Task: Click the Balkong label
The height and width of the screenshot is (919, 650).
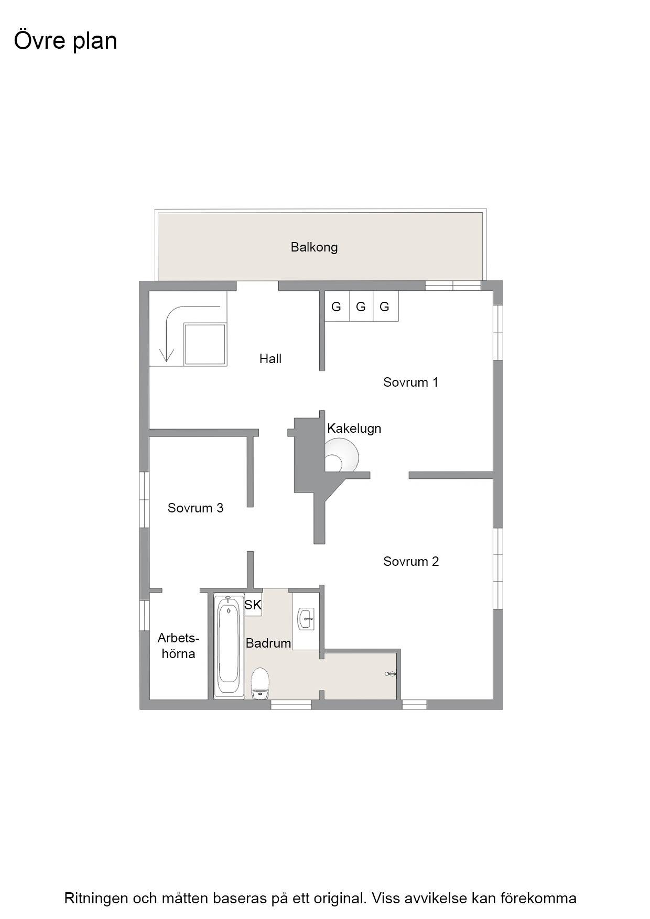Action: click(x=314, y=247)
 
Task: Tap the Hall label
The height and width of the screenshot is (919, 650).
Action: click(x=270, y=359)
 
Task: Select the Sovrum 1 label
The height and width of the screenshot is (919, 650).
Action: click(x=410, y=382)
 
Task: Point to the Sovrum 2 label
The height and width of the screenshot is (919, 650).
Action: click(x=411, y=562)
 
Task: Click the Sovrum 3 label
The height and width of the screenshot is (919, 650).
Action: click(x=196, y=508)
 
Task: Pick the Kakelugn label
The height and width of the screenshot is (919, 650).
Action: click(x=354, y=429)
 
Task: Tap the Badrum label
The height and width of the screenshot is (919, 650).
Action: click(x=268, y=643)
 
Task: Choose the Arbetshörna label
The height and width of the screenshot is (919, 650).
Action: click(x=178, y=646)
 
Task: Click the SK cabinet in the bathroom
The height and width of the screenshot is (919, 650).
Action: click(x=253, y=605)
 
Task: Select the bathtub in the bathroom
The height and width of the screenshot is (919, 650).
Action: click(x=229, y=646)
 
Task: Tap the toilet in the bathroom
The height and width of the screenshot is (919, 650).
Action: click(x=260, y=684)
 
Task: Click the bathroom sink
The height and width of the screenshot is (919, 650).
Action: click(x=306, y=619)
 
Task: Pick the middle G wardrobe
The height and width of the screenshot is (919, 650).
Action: click(x=361, y=307)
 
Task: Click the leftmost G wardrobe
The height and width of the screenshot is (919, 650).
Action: click(x=337, y=307)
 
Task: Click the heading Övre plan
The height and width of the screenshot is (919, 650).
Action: click(x=66, y=41)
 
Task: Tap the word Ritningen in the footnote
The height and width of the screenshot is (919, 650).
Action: click(x=96, y=898)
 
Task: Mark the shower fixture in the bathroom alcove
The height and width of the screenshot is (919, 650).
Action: click(x=391, y=674)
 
